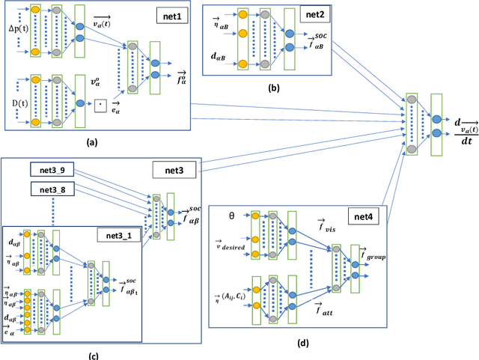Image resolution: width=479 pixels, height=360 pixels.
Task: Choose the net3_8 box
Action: [x=52, y=189]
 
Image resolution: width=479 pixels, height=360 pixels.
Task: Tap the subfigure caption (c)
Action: [x=94, y=354]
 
